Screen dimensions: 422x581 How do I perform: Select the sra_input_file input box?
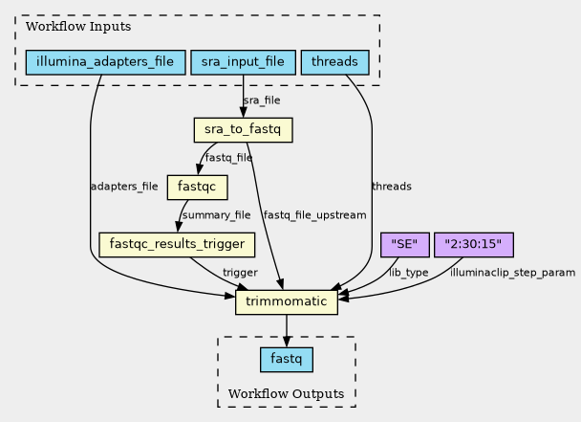point(243,63)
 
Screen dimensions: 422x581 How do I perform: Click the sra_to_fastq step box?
point(243,129)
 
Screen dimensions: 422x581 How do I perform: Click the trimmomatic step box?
point(287,303)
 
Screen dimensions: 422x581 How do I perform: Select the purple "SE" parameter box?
point(404,244)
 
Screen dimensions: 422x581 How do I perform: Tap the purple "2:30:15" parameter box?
point(474,244)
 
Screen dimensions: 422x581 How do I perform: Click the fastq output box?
point(287,360)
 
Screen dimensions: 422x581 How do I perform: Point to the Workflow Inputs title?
point(65,26)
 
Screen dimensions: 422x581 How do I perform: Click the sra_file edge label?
point(262,100)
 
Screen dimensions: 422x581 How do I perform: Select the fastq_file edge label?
point(229,158)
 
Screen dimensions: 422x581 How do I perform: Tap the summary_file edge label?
point(216,215)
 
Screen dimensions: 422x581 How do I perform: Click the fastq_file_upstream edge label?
point(314,215)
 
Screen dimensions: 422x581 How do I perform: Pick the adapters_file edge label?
point(123,187)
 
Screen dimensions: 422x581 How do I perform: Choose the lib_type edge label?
point(409,274)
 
